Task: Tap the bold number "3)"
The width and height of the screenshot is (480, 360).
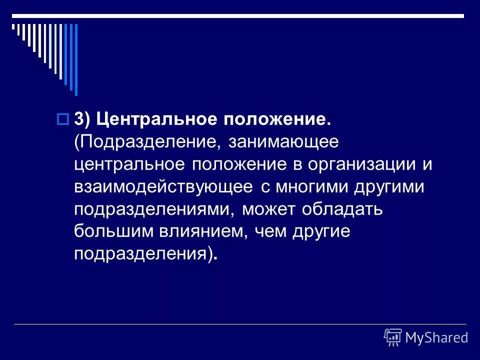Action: click(x=82, y=119)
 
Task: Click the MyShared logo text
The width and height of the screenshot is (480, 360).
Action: click(x=436, y=337)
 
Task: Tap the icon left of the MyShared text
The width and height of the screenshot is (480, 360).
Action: click(x=393, y=337)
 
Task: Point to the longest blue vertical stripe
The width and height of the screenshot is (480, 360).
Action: click(x=76, y=59)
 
